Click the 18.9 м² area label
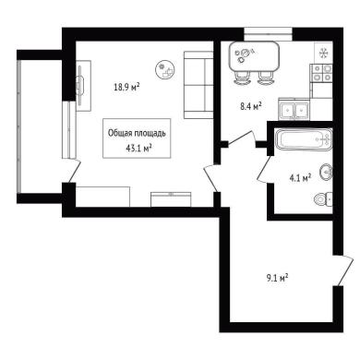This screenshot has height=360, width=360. (x=126, y=87)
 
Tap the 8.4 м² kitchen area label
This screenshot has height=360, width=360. (x=251, y=106)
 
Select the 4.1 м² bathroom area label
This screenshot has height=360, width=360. (x=300, y=177)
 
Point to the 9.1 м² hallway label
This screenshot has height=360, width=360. (x=277, y=279)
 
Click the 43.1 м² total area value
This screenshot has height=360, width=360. (x=139, y=149)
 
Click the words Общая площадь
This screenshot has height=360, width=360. (x=137, y=134)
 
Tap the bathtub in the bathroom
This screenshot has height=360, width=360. (x=304, y=139)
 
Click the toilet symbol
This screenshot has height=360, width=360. (x=323, y=199)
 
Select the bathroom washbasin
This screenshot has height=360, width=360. (x=326, y=172)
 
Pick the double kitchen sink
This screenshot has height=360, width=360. (x=294, y=109)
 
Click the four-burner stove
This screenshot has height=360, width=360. (x=321, y=73)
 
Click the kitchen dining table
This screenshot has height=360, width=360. (x=254, y=56)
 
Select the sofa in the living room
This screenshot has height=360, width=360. (x=198, y=85)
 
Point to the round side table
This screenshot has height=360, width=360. (x=165, y=69)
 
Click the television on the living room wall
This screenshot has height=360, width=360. (x=81, y=85)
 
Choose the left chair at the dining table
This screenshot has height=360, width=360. (x=242, y=78)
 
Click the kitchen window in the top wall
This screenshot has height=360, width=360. (x=268, y=34)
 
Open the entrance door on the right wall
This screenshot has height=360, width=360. (x=343, y=270)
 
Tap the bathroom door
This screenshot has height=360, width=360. (x=264, y=169)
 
